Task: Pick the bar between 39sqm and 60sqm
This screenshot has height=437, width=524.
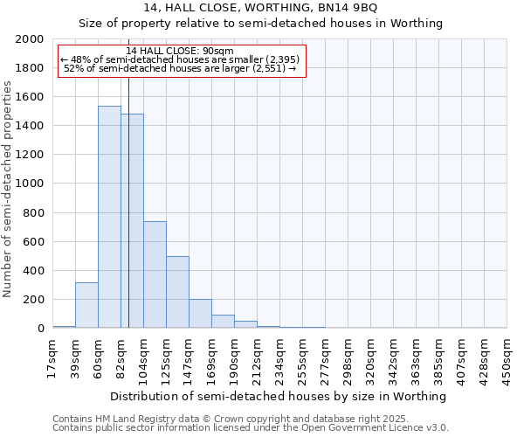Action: click(x=86, y=305)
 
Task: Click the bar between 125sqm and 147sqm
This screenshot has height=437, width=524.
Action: click(x=177, y=292)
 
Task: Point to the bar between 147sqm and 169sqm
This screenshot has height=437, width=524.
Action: click(x=200, y=314)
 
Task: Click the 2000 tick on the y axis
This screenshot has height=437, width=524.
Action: click(x=31, y=39)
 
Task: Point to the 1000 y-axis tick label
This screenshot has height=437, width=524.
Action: click(x=31, y=184)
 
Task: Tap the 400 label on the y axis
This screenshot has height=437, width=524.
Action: click(x=34, y=271)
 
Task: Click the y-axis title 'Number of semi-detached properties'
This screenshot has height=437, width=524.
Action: click(x=8, y=189)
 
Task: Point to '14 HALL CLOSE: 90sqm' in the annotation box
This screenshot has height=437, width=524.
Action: click(x=180, y=52)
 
